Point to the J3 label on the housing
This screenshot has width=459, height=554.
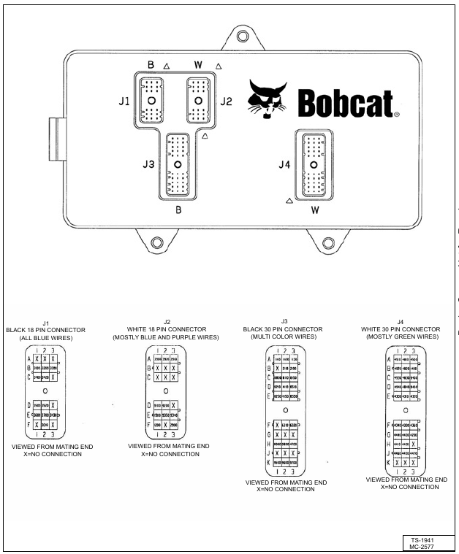click(x=148, y=166)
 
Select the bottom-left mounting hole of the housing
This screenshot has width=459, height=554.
click(x=155, y=242)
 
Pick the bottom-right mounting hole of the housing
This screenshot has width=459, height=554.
click(x=327, y=242)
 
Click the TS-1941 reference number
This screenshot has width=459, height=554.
click(x=423, y=539)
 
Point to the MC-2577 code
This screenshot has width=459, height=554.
click(x=423, y=546)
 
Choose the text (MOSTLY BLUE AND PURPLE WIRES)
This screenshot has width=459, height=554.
click(x=167, y=337)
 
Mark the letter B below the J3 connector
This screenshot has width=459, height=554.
click(x=178, y=209)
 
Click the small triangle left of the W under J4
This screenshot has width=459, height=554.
click(x=291, y=199)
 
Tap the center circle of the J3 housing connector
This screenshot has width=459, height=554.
click(x=178, y=166)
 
